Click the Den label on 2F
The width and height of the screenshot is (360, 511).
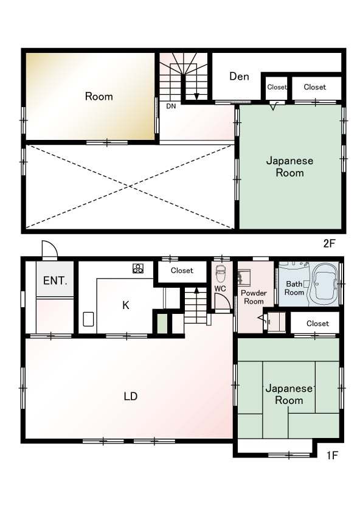point(239,76)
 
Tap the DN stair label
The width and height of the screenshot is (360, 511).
point(171,106)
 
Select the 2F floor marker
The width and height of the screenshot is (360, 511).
point(329,243)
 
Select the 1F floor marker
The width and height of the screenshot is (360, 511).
point(332,455)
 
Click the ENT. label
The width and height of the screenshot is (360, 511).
point(55,280)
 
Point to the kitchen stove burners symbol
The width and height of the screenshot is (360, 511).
point(138,268)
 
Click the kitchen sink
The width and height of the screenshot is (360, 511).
point(88,319)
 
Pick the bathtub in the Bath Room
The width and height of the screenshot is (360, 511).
point(324,284)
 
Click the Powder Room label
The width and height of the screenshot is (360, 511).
point(254,297)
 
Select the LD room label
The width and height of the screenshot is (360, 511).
point(131,396)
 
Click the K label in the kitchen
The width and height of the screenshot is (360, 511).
point(126,305)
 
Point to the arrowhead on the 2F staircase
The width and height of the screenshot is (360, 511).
point(196,96)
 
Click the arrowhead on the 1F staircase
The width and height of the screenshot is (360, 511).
point(196,290)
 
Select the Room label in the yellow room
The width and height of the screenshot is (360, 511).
point(99,97)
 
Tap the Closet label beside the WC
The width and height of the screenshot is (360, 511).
point(182,271)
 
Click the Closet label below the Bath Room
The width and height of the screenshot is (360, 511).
point(317,323)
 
